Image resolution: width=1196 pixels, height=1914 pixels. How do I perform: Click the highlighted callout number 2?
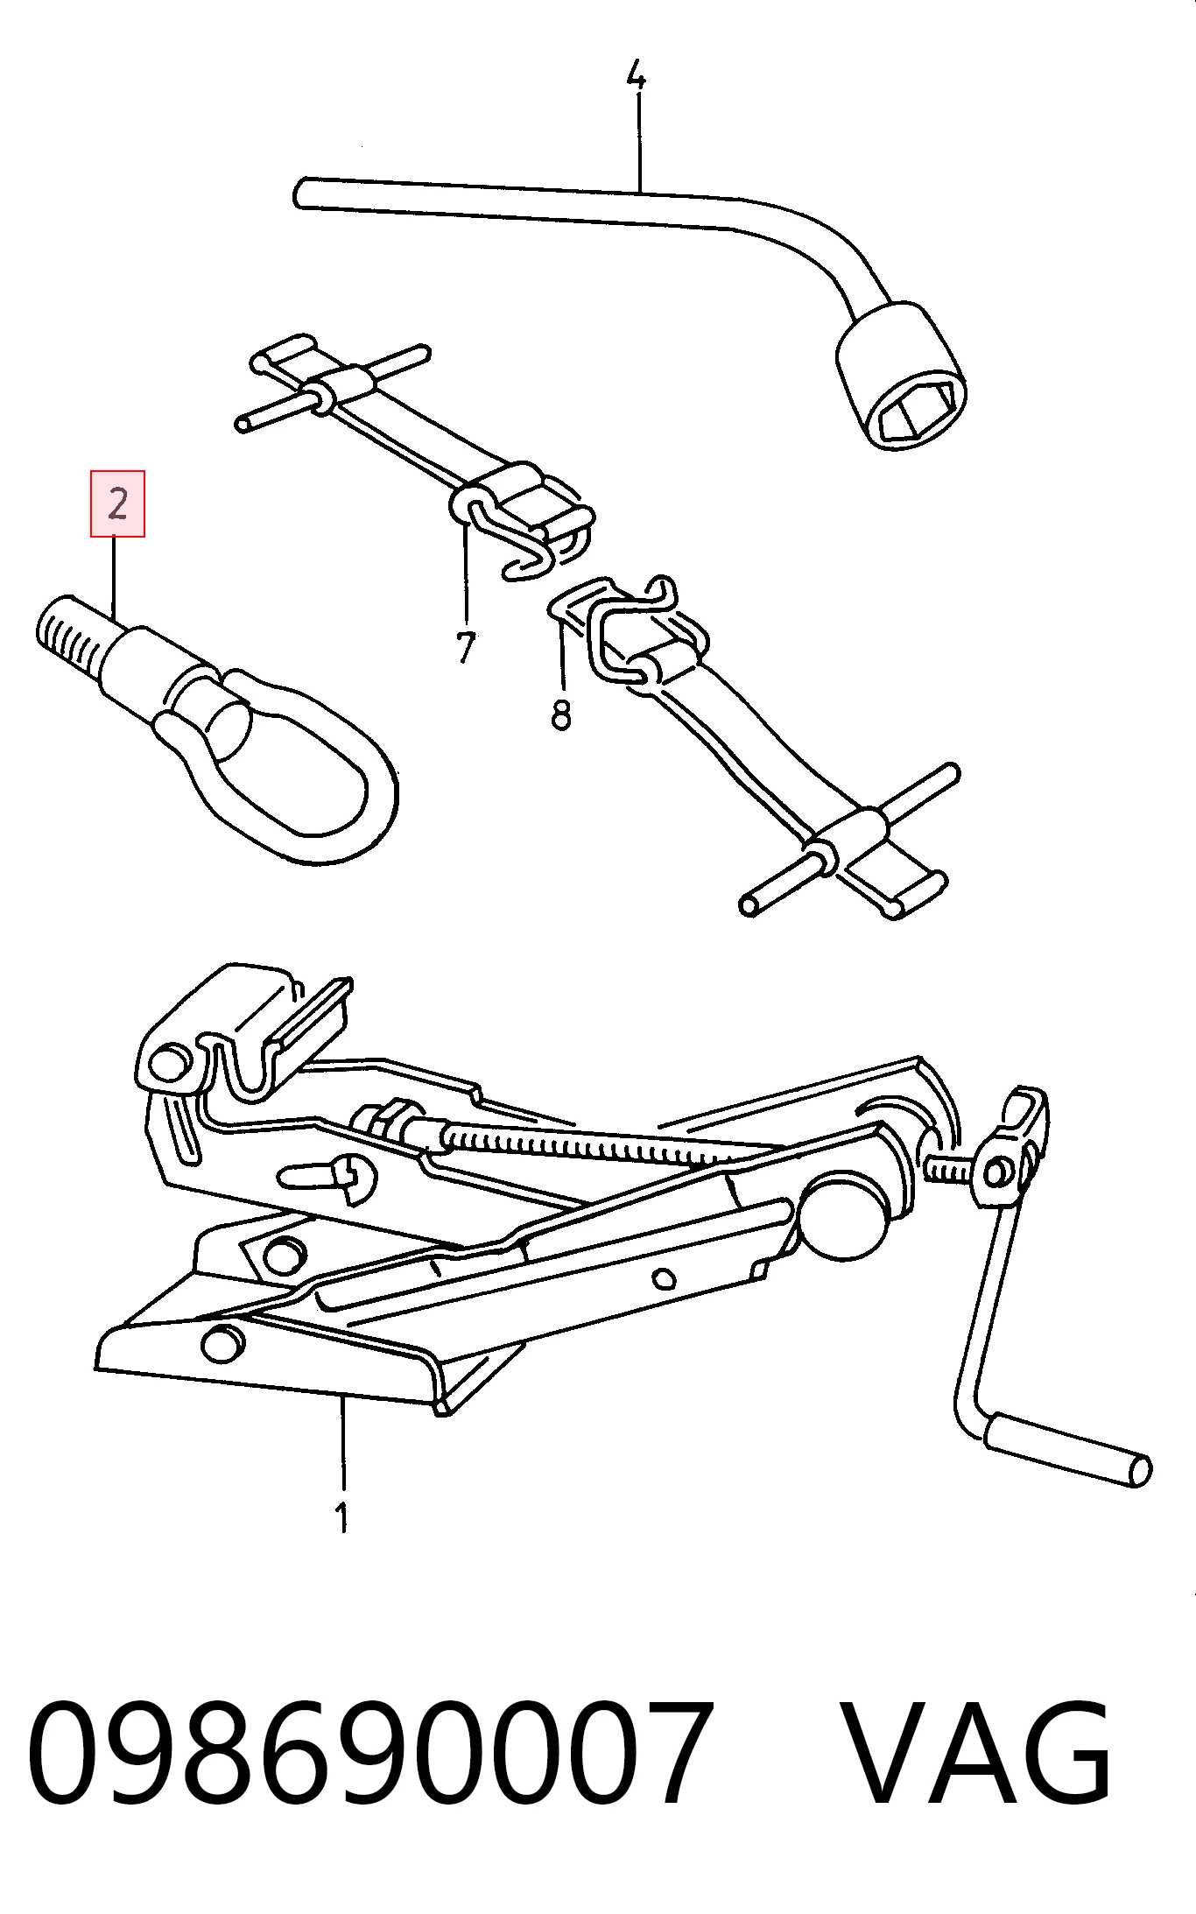[117, 503]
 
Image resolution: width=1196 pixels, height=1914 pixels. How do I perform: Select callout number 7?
[465, 647]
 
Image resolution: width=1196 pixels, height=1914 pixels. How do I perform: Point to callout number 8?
[561, 713]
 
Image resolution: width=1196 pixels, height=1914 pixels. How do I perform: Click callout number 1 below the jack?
[342, 1516]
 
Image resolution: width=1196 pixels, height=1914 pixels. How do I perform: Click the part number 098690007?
[370, 1750]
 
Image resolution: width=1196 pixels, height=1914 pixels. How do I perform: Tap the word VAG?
[976, 1750]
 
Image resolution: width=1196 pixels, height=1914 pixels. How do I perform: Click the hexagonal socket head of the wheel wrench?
[901, 376]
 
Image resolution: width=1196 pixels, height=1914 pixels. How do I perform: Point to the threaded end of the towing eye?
[69, 631]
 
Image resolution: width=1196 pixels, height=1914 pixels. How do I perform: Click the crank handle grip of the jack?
[1068, 1449]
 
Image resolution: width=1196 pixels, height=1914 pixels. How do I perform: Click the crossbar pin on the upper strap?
[333, 388]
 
